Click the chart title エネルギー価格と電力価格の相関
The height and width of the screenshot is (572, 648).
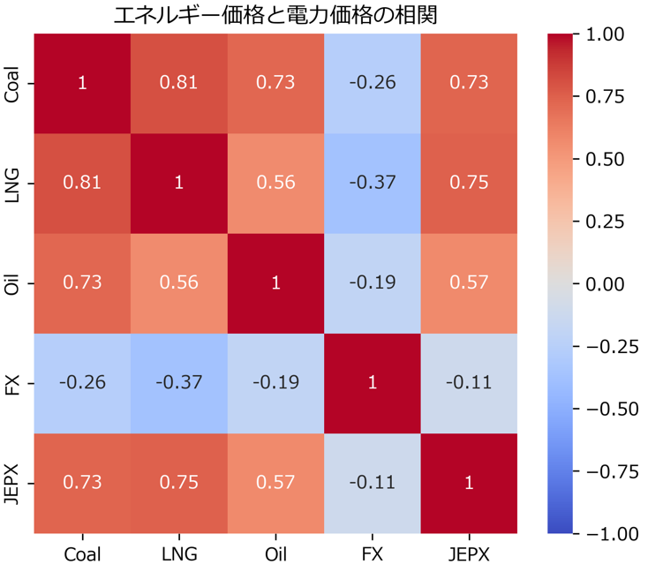(x=275, y=15)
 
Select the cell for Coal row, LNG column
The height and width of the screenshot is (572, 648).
(x=179, y=83)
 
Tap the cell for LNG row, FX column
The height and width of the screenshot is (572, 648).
(x=373, y=183)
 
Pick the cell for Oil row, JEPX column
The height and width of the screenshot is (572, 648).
(x=469, y=282)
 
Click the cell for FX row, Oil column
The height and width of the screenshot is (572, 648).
(x=275, y=383)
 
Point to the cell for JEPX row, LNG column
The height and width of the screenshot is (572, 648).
(x=179, y=483)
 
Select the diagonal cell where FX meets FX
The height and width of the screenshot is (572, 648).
(x=373, y=383)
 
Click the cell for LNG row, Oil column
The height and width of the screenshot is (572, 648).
(x=275, y=183)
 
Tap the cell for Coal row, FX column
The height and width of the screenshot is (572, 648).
(x=373, y=83)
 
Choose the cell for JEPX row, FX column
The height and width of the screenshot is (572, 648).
(x=373, y=483)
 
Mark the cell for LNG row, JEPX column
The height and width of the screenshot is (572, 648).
(x=469, y=183)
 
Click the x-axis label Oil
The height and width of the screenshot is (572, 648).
(x=275, y=554)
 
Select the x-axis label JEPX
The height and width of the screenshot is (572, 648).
(x=469, y=554)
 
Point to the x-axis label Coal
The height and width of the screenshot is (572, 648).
(x=83, y=554)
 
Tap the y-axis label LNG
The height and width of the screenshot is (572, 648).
(x=12, y=183)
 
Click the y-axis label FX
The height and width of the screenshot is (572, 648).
(x=12, y=383)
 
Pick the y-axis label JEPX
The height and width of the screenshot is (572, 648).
(x=12, y=483)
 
